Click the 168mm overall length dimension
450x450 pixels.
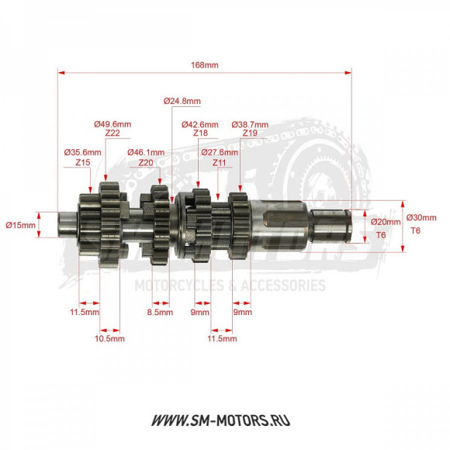click(x=205, y=65)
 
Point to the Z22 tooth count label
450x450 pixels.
click(x=112, y=133)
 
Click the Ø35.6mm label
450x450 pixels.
click(x=83, y=153)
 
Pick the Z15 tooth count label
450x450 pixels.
click(x=83, y=163)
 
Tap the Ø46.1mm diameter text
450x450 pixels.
click(x=146, y=153)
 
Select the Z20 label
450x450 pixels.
click(x=146, y=163)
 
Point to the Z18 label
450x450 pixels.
click(x=200, y=133)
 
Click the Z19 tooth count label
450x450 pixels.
click(x=250, y=133)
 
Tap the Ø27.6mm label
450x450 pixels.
click(x=220, y=153)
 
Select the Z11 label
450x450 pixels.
click(x=220, y=163)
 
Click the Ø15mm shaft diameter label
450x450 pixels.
click(x=21, y=225)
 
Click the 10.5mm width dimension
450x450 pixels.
click(x=109, y=339)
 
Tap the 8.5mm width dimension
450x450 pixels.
click(x=160, y=313)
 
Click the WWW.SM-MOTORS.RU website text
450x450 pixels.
click(x=225, y=421)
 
